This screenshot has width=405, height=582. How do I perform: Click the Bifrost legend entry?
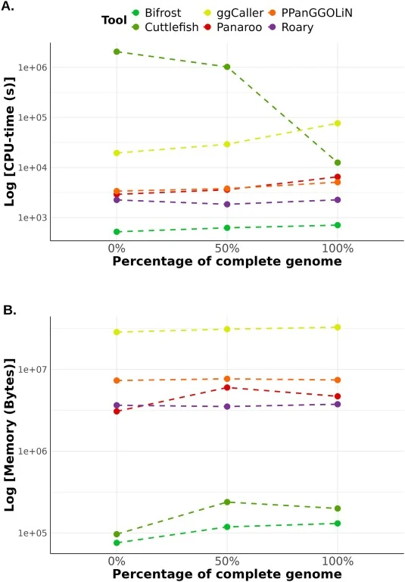[157, 13]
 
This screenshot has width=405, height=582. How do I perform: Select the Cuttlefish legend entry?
[166, 27]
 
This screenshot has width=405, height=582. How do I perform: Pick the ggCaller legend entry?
[234, 13]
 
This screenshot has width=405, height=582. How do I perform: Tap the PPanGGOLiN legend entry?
[310, 13]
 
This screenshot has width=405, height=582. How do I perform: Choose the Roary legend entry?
[291, 27]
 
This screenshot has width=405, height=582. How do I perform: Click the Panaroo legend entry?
[233, 27]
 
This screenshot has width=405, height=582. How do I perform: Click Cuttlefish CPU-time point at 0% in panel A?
[117, 52]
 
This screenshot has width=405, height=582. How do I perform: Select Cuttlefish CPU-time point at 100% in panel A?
[338, 163]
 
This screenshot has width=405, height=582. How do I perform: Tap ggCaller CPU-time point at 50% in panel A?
[227, 144]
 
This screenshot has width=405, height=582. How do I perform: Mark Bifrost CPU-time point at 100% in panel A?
[338, 225]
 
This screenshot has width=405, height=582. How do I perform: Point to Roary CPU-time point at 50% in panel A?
[227, 204]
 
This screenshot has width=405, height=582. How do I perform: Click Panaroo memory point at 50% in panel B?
[227, 387]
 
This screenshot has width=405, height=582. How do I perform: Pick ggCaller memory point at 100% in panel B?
[338, 327]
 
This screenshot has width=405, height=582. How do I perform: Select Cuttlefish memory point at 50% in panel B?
[227, 502]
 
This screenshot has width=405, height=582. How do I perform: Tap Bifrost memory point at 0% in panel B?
[117, 543]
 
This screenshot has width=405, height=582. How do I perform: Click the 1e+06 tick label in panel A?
[33, 67]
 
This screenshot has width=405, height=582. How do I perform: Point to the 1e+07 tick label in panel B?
[33, 370]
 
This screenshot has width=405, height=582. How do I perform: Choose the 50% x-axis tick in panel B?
[227, 561]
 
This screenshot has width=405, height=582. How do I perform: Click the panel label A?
[8, 6]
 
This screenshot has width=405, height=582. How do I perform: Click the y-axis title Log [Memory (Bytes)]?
[9, 435]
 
